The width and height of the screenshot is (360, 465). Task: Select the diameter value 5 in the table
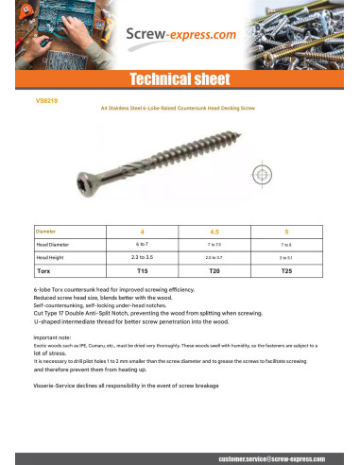pos(286,231)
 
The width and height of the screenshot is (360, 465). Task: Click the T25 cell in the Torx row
pos(286,270)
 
